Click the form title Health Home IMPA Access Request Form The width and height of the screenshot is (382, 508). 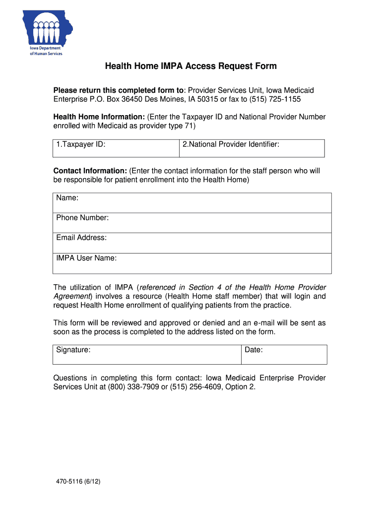pyautogui.click(x=191, y=66)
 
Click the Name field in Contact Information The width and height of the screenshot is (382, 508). pyautogui.click(x=192, y=203)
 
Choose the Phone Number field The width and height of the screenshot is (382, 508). pyautogui.click(x=192, y=223)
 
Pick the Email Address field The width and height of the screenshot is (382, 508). pyautogui.click(x=192, y=243)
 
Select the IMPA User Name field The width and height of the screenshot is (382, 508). pyautogui.click(x=192, y=263)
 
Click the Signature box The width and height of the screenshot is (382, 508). pyautogui.click(x=147, y=355)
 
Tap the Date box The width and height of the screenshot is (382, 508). pyautogui.click(x=284, y=355)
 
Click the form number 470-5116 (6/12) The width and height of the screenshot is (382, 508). pyautogui.click(x=79, y=482)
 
